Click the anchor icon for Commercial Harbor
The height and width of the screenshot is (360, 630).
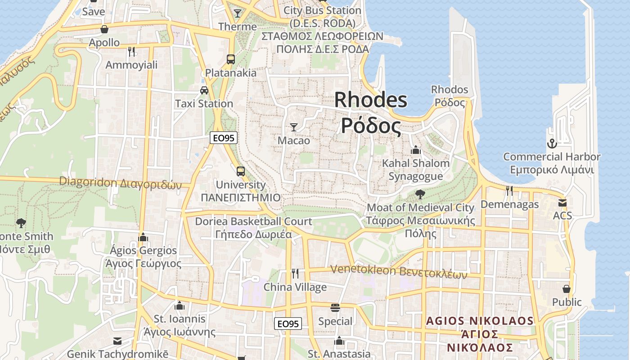(552, 144)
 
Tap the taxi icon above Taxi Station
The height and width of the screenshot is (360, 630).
(204, 90)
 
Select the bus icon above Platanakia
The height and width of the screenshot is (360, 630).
(231, 59)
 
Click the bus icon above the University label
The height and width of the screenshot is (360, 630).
(241, 171)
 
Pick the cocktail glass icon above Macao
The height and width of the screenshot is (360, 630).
(294, 127)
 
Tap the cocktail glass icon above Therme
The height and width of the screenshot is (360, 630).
(238, 13)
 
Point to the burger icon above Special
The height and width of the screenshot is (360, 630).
(335, 308)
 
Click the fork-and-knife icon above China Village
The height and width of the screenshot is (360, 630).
(295, 273)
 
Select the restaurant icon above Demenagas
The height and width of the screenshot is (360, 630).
(509, 191)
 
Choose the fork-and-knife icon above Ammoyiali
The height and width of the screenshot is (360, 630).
(131, 52)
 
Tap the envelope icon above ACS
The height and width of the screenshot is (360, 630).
(562, 202)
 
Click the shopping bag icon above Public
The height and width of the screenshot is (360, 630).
(567, 288)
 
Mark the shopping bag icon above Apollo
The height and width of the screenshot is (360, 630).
(104, 29)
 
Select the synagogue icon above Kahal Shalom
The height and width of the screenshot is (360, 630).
(416, 150)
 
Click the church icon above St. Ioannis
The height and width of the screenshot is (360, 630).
(180, 306)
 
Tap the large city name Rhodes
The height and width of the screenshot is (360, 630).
(371, 99)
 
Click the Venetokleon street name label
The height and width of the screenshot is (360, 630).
(399, 271)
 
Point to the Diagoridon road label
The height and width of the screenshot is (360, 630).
(121, 183)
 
